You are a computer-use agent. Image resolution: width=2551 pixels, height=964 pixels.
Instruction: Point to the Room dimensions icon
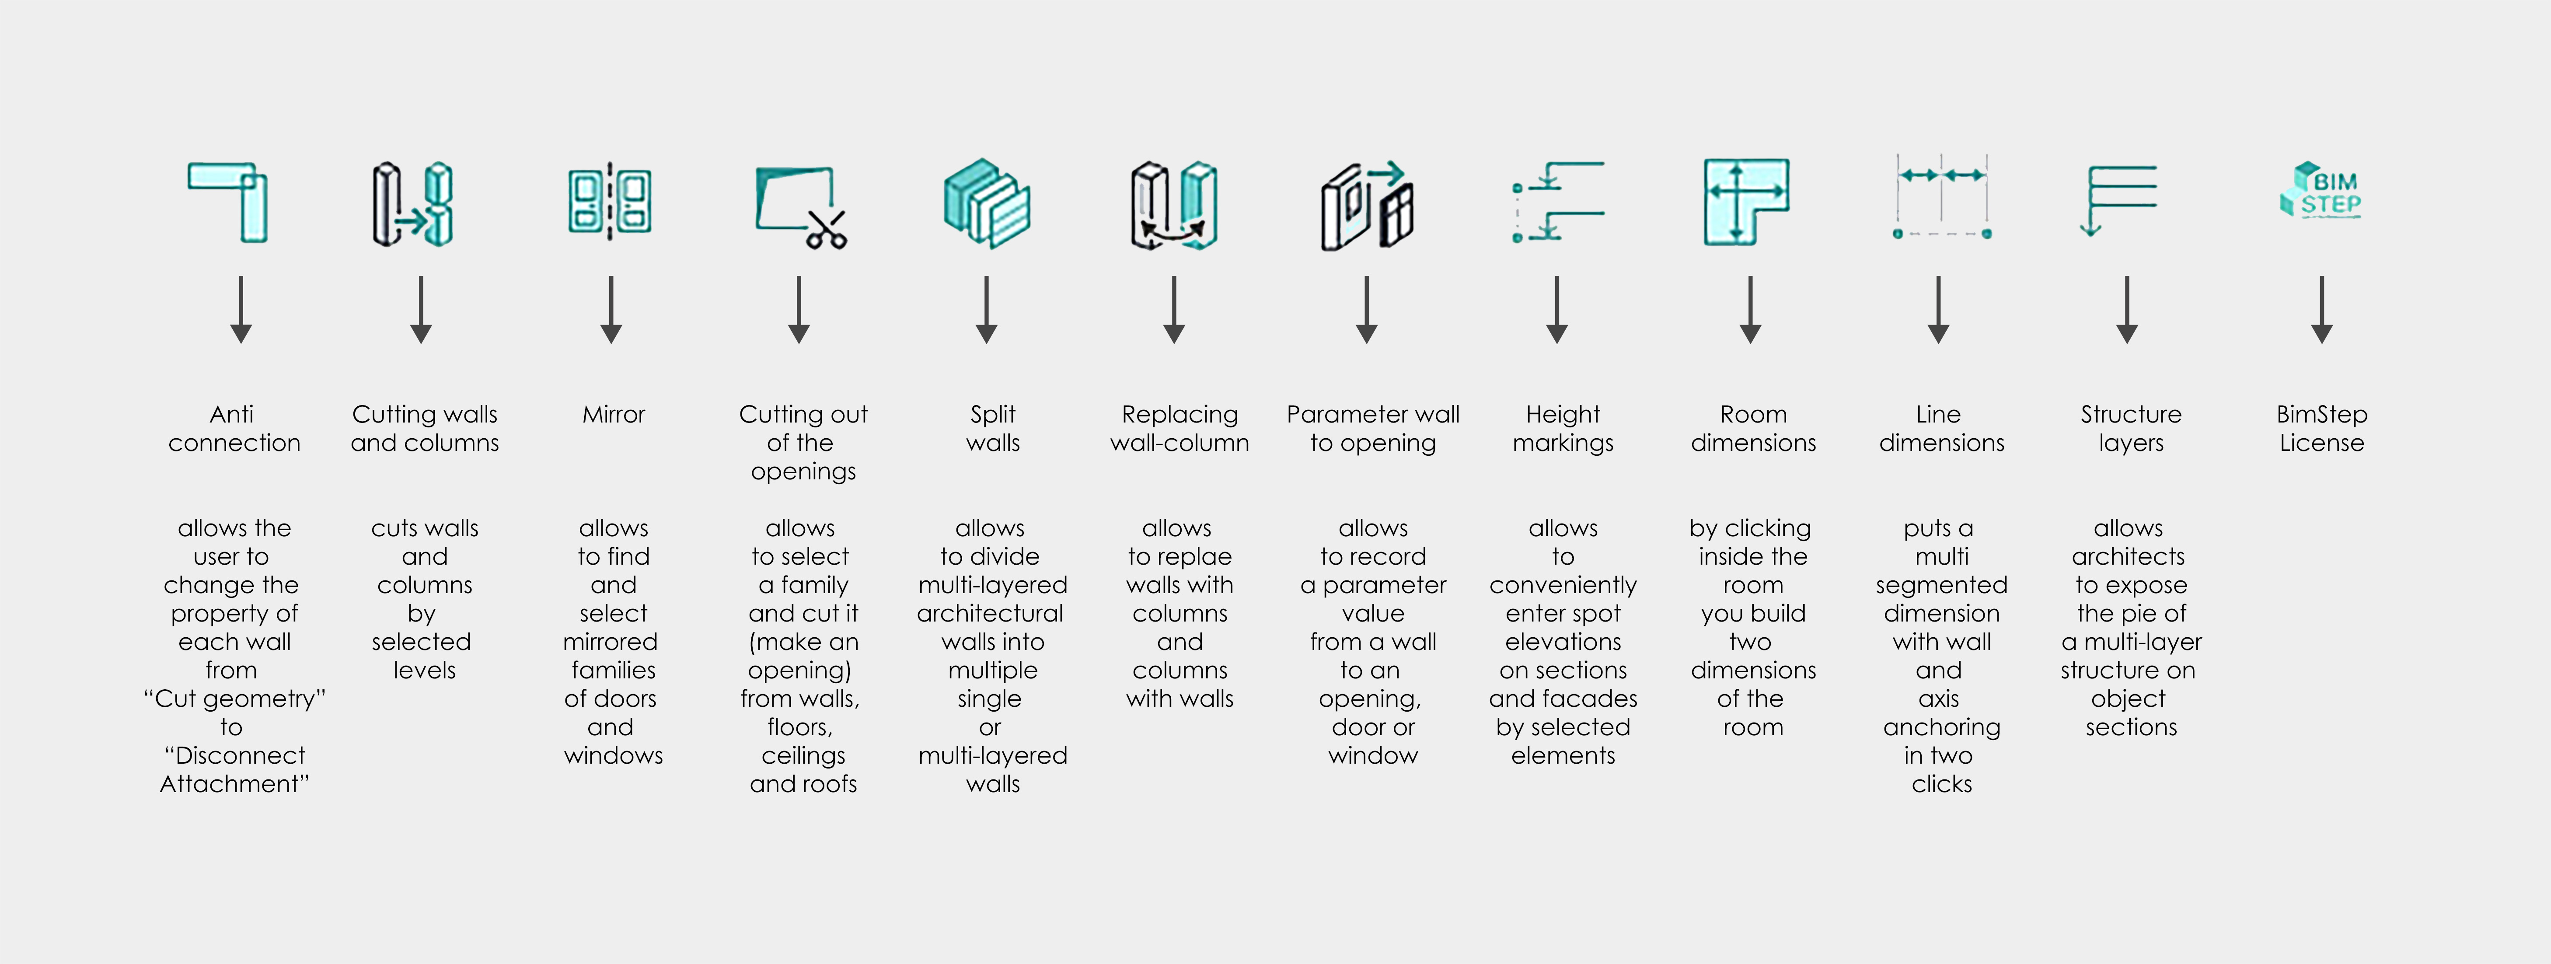click(x=1746, y=201)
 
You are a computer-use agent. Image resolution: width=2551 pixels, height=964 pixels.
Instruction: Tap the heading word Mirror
click(x=614, y=414)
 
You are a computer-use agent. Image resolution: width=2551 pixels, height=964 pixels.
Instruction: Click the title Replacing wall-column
click(x=1180, y=428)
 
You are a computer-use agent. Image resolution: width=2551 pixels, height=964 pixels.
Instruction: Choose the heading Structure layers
click(x=2131, y=428)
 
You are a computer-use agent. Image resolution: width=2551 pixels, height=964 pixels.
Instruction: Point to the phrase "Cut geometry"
click(x=235, y=699)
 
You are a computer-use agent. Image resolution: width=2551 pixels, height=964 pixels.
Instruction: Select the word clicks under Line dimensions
click(x=1942, y=784)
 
